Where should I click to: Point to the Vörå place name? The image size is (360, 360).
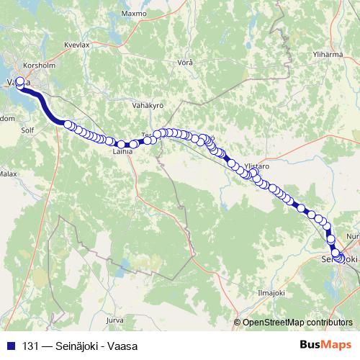click(185, 63)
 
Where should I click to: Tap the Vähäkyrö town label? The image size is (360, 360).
click(149, 106)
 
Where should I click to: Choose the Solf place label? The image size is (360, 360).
click(28, 132)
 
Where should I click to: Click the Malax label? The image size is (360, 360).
click(8, 174)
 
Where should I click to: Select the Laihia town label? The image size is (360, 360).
click(122, 152)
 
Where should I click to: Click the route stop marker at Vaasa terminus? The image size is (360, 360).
click(20, 81)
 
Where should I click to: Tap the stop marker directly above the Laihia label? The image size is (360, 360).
click(122, 144)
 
